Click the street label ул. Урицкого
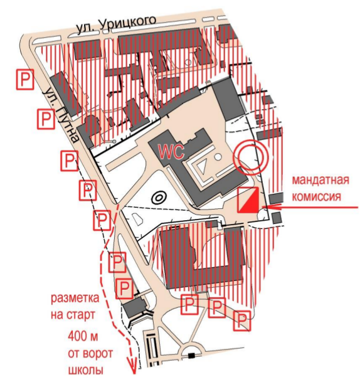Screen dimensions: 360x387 point(116,24)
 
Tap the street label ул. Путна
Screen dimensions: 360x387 point(61,115)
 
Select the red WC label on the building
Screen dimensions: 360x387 point(171,152)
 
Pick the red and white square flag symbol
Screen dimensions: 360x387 point(248,199)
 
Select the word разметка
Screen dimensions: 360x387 point(75,298)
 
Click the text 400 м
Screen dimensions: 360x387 point(83,336)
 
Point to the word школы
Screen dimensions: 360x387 point(85,370)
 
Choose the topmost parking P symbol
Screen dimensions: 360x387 point(25,79)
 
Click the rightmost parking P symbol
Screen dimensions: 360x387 point(242,321)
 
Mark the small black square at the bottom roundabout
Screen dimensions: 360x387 point(191,356)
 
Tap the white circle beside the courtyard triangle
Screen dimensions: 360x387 point(218,156)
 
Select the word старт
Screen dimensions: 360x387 point(80,315)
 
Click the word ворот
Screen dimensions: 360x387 point(97,354)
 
